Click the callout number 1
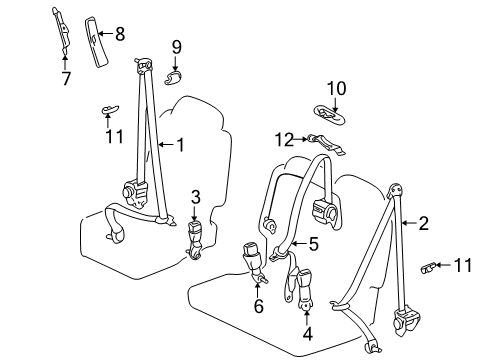(180, 145)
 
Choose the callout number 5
(313, 243)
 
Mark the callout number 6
(257, 307)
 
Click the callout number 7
(66, 79)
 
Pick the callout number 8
(119, 34)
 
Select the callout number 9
(176, 46)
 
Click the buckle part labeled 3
(195, 238)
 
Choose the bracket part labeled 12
(325, 143)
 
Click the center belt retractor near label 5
(326, 210)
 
